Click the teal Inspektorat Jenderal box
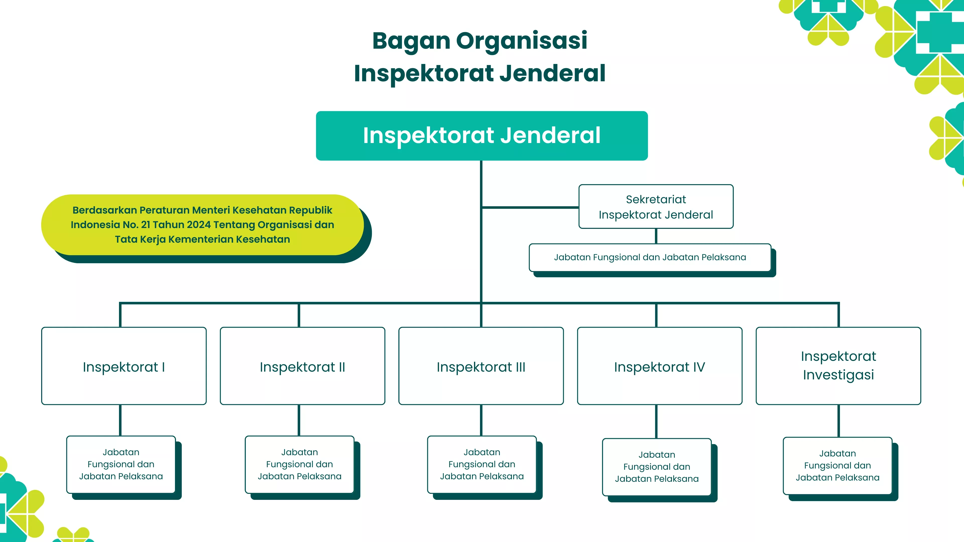tap(482, 135)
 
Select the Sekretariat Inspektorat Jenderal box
tap(656, 207)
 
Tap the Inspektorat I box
tap(124, 366)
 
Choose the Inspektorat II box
tap(302, 366)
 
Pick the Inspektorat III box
tap(481, 366)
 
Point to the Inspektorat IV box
tap(659, 366)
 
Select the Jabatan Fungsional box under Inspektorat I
tap(121, 464)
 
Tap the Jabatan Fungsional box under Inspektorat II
tap(299, 464)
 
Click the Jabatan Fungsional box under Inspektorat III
tap(482, 464)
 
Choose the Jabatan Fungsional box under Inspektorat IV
tap(656, 466)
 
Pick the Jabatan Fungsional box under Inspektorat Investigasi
tap(837, 465)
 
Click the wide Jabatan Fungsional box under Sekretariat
tap(650, 257)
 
